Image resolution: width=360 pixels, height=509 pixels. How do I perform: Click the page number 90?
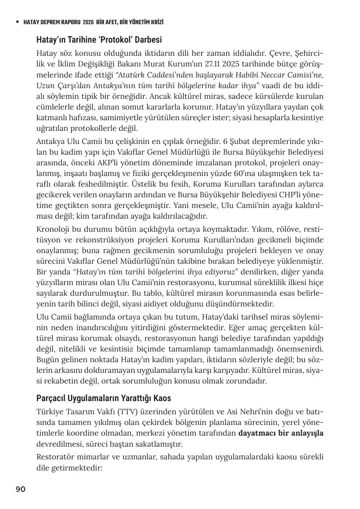[x=21, y=489]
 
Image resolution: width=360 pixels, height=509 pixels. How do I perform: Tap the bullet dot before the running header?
[x=17, y=22]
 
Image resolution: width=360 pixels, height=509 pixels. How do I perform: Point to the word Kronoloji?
[x=53, y=229]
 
